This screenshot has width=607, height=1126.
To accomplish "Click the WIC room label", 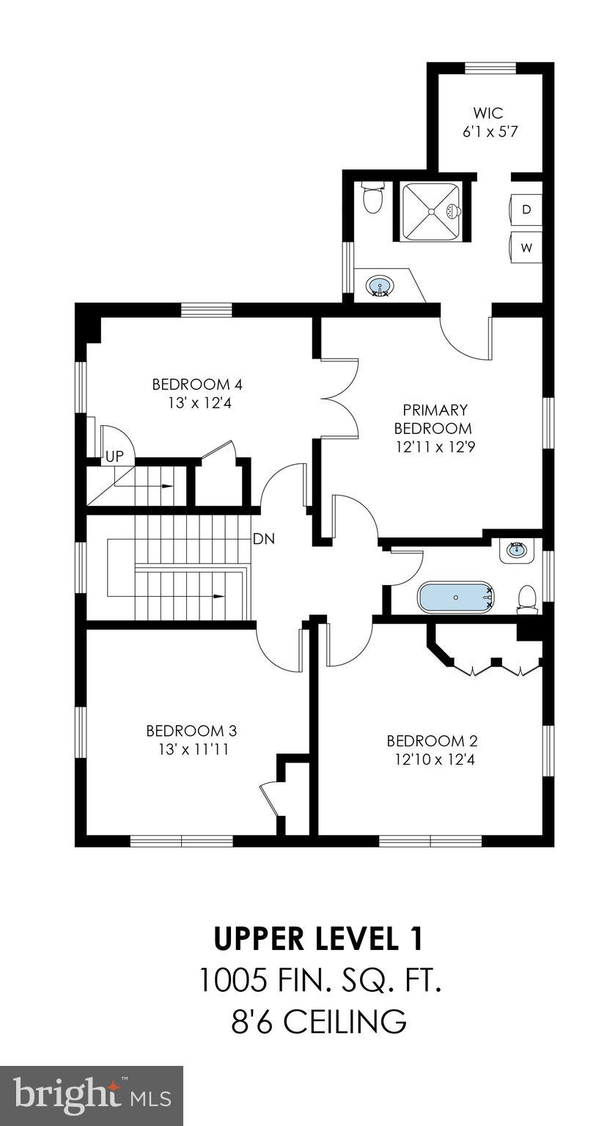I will pyautogui.click(x=488, y=114).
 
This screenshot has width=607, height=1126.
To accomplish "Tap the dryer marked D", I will pyautogui.click(x=526, y=210).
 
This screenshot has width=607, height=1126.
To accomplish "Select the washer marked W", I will pyautogui.click(x=526, y=248).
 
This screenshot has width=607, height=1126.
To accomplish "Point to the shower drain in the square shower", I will pyautogui.click(x=431, y=212).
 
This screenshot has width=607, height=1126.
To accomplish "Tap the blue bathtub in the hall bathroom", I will pyautogui.click(x=455, y=597).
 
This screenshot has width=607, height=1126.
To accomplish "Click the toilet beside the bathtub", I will pyautogui.click(x=527, y=597).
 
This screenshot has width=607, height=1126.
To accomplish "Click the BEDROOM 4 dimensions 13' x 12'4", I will pyautogui.click(x=196, y=402).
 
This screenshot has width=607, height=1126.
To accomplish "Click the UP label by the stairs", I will pyautogui.click(x=114, y=456).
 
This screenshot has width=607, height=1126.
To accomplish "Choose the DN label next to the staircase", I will pyautogui.click(x=263, y=539).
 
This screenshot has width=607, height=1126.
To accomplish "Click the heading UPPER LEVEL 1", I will pyautogui.click(x=318, y=938).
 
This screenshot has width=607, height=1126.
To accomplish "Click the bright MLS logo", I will pyautogui.click(x=91, y=1095).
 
